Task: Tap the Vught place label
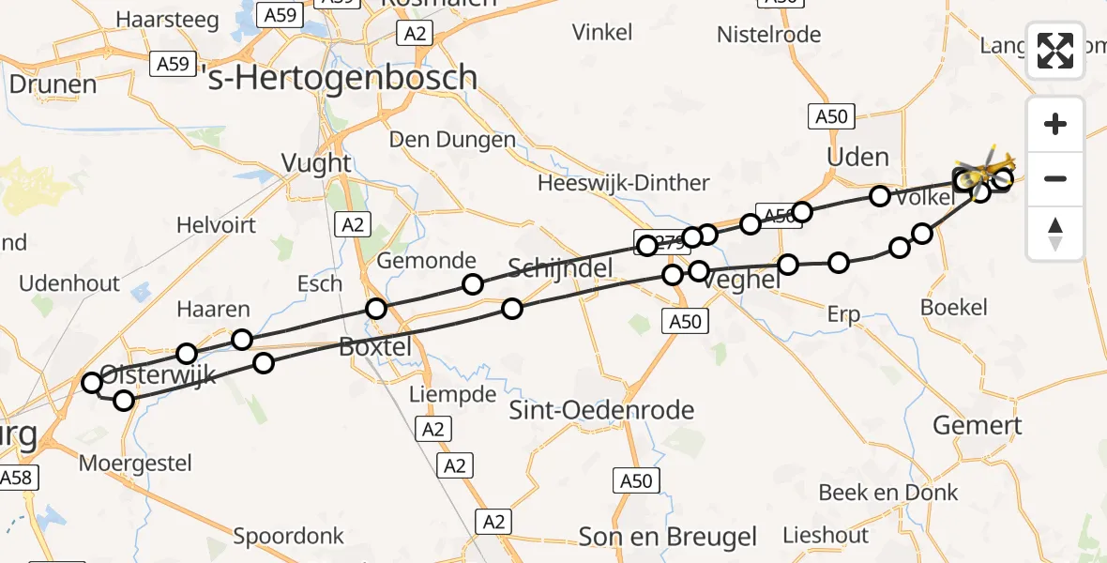[317, 164]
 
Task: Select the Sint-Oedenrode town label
[601, 409]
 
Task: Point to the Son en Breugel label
[668, 537]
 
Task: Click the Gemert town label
[977, 425]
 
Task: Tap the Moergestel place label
[136, 463]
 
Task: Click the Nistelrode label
[768, 35]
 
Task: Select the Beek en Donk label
[888, 493]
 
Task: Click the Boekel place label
[954, 307]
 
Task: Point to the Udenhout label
[70, 283]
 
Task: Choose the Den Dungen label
[453, 140]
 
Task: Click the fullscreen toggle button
[1055, 51]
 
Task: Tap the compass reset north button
[1055, 234]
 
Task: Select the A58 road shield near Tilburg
[16, 478]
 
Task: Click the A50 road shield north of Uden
[831, 116]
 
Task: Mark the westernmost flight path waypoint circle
[92, 383]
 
